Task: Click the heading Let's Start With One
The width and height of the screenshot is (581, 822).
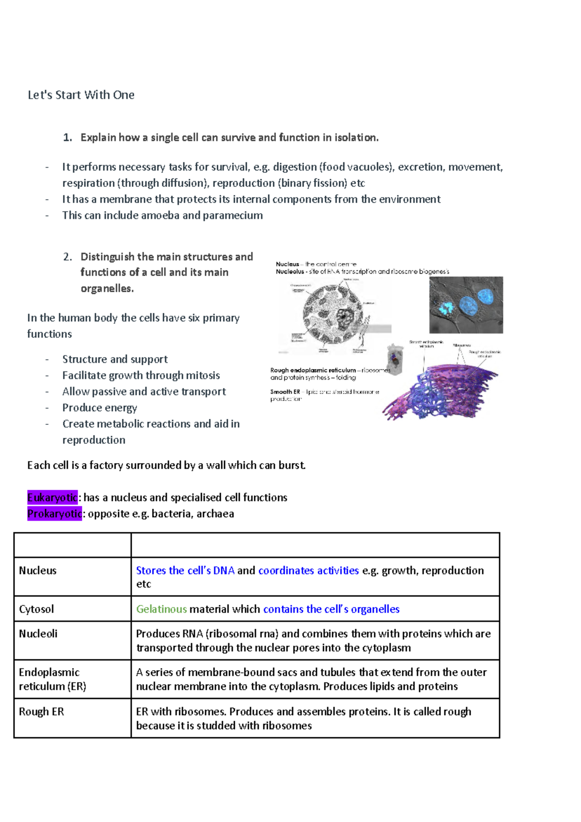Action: tap(81, 95)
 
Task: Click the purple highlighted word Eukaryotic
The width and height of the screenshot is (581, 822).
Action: tap(52, 497)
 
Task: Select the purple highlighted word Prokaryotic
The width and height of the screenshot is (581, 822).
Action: tap(54, 513)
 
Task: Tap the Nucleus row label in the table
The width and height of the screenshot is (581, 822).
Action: tap(38, 571)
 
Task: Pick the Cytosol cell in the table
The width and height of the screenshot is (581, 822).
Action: tap(36, 609)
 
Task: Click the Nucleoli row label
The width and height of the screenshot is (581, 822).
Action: tap(38, 634)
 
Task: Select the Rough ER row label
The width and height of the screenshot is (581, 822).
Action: tap(41, 712)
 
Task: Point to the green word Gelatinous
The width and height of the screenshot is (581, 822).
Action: tap(161, 609)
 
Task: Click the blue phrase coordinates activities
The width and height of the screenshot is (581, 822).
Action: tap(308, 571)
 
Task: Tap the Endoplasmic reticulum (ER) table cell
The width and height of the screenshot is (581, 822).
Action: tap(52, 679)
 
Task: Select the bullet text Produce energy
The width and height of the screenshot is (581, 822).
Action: tap(100, 408)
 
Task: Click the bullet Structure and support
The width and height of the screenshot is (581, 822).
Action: tap(115, 359)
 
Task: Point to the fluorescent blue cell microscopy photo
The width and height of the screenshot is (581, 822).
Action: tap(466, 305)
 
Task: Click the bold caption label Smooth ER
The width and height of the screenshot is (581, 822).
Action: tap(285, 392)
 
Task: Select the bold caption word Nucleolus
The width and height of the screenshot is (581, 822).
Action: tap(290, 272)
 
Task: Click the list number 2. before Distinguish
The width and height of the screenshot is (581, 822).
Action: tap(67, 257)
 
